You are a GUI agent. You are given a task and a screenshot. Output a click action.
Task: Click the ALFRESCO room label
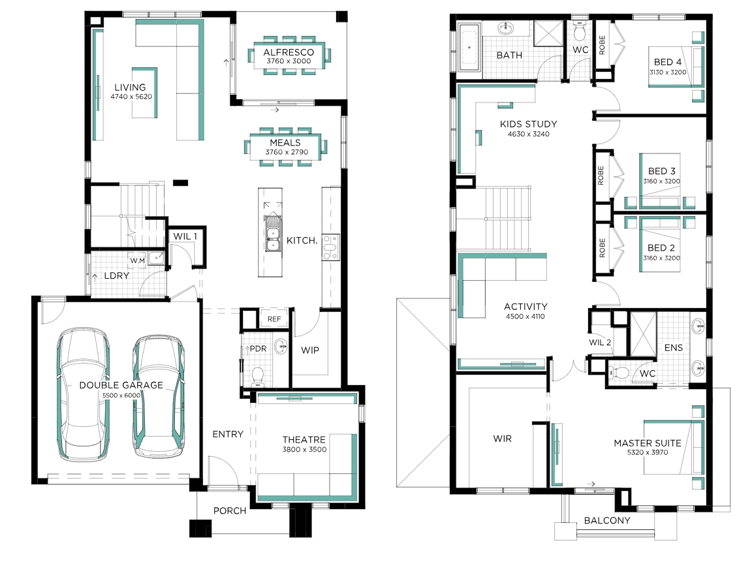tap(289, 52)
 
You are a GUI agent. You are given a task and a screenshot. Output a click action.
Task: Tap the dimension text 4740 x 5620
tap(131, 97)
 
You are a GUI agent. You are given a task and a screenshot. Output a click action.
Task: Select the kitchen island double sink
tap(272, 233)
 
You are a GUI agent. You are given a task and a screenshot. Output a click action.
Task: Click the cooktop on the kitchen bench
tap(330, 247)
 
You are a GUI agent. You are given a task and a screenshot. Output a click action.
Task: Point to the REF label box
tap(274, 319)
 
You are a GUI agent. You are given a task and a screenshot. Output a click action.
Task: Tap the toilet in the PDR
tap(258, 375)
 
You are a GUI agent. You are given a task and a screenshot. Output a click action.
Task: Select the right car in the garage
tap(159, 396)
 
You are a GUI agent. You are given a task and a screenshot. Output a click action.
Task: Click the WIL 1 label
tap(185, 236)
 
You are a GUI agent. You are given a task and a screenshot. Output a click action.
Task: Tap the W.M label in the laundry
tap(138, 260)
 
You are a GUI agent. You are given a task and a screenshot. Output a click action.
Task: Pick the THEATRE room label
tap(304, 439)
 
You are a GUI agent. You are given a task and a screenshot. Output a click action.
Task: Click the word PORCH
tap(230, 511)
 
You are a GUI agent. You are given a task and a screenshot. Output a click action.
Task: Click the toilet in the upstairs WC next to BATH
tap(580, 31)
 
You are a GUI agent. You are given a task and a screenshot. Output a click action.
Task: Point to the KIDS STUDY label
tap(528, 124)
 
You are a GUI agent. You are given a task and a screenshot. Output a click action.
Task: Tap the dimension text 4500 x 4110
tap(525, 317)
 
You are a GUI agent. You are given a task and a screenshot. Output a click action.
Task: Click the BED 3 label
tap(662, 171)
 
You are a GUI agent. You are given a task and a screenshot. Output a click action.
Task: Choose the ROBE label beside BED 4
tap(602, 45)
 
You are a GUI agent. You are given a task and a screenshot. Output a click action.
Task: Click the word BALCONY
tap(607, 521)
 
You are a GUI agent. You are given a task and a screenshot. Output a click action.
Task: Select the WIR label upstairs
tap(503, 439)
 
